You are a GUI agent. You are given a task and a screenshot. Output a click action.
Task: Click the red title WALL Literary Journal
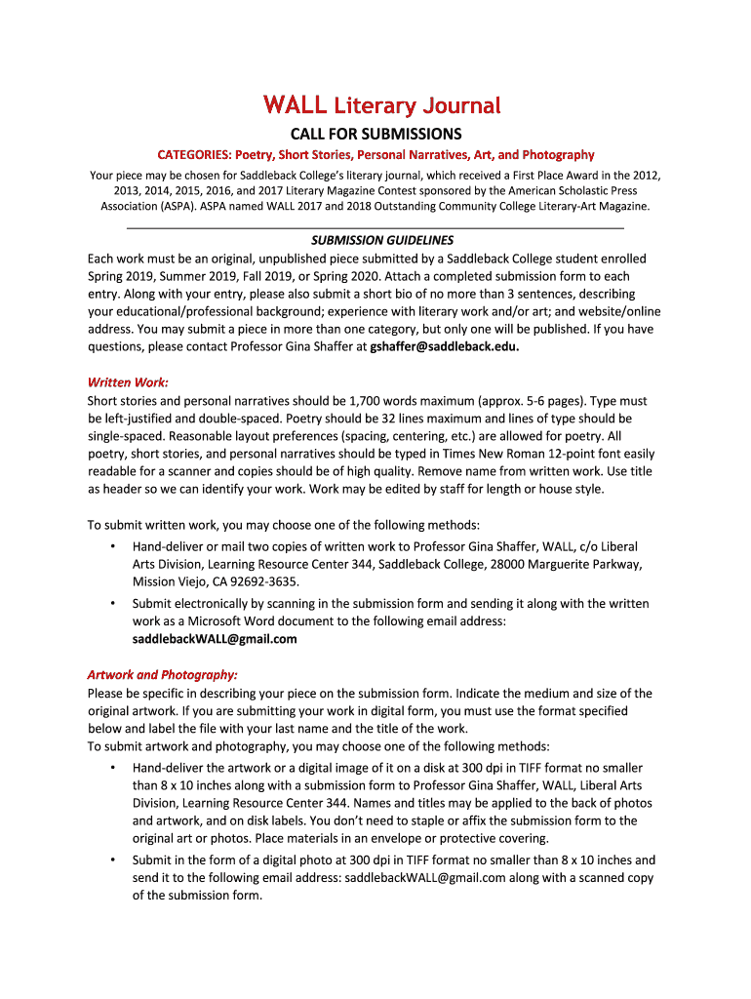(x=380, y=105)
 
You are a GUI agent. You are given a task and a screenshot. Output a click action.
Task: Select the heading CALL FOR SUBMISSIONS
(x=376, y=134)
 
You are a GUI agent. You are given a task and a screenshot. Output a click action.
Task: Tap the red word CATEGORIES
(x=191, y=155)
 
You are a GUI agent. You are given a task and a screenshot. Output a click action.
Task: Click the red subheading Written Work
(x=128, y=381)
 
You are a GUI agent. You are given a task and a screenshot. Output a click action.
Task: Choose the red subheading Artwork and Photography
(x=162, y=674)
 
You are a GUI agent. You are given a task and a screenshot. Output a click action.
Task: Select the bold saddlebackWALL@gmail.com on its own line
(x=215, y=639)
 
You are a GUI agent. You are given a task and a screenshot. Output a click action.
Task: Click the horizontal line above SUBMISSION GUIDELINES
(x=376, y=227)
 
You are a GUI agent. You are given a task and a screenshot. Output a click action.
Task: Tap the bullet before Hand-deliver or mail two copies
(x=113, y=547)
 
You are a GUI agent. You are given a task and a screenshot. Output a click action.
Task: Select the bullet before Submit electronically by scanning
(x=113, y=604)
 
